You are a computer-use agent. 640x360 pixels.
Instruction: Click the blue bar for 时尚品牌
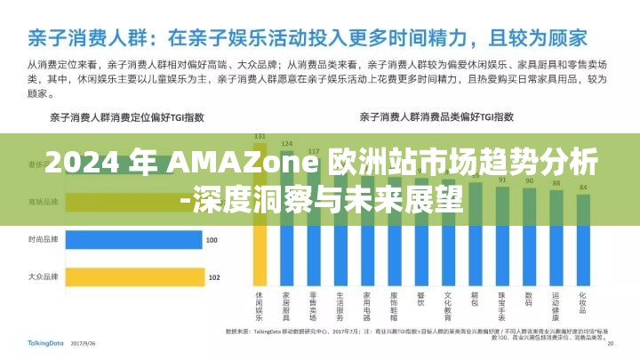tap(133, 240)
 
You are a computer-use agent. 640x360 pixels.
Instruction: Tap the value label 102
tap(213, 278)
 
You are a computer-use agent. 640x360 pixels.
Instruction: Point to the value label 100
tap(211, 240)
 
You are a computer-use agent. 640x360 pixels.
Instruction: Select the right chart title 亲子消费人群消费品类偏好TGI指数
tap(436, 116)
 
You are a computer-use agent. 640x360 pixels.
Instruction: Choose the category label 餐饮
tap(421, 297)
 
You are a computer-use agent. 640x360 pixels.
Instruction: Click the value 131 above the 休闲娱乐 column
tap(260, 136)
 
